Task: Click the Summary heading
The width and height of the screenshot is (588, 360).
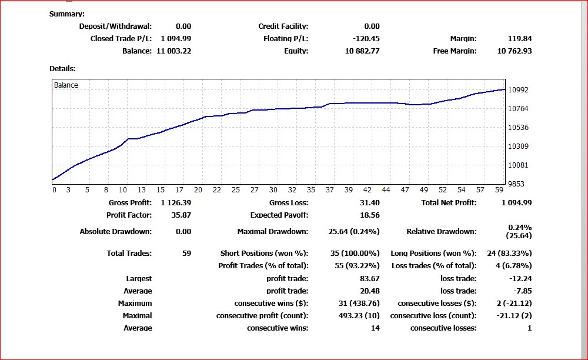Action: coord(66,14)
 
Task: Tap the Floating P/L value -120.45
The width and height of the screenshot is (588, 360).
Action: coord(363,39)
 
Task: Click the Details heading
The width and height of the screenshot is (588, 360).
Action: coord(62,69)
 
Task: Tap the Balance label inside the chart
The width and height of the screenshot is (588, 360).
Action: coord(66,85)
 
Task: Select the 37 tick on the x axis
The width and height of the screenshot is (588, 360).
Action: coord(330,190)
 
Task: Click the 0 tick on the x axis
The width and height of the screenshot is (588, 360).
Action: coord(54,190)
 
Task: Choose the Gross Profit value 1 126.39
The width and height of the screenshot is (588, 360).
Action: coord(176,203)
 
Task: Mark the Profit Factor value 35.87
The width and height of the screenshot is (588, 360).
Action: coord(181,215)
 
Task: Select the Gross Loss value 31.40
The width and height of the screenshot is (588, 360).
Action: coord(369,203)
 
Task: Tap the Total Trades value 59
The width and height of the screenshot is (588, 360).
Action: coord(186,254)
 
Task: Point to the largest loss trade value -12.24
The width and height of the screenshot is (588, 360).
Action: coord(520,279)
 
